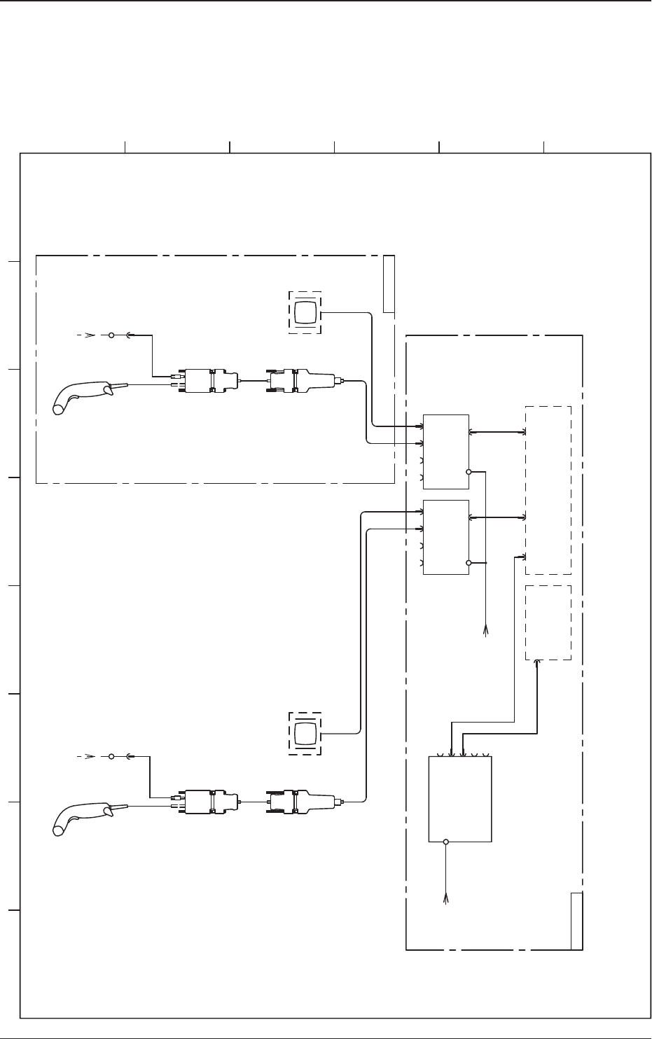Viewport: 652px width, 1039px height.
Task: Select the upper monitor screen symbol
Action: coord(305,312)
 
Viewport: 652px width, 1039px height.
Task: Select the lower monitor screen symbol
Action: coord(305,734)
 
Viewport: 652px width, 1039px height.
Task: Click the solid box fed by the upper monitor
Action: coord(446,452)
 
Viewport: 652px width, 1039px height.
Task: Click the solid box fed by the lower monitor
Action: coord(446,537)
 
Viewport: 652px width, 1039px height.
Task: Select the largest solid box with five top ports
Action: coord(460,798)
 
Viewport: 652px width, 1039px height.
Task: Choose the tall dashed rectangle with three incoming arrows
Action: coord(548,490)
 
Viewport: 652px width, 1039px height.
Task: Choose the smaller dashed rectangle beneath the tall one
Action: coord(548,622)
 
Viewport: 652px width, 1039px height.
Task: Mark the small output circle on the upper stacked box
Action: coord(469,471)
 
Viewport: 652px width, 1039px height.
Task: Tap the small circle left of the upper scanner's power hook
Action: coord(111,335)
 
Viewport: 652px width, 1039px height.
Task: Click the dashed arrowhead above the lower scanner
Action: coord(89,757)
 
